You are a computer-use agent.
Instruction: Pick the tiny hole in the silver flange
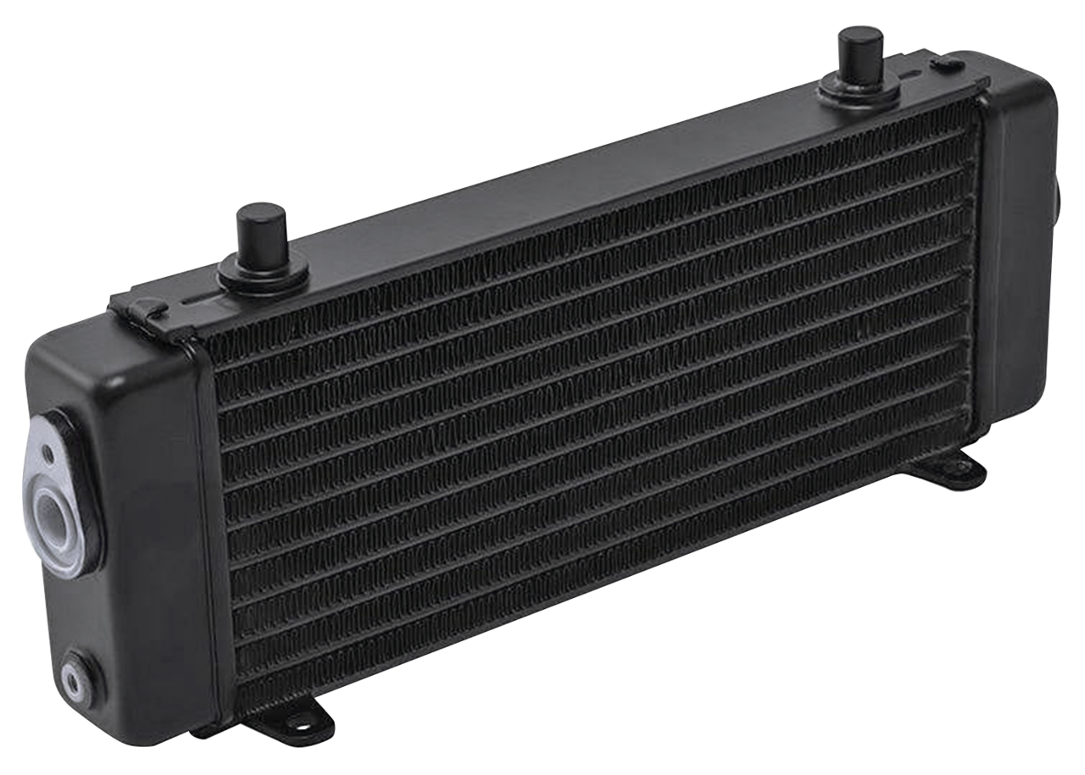(x=50, y=458)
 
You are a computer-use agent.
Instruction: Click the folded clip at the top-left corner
(x=144, y=310)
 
